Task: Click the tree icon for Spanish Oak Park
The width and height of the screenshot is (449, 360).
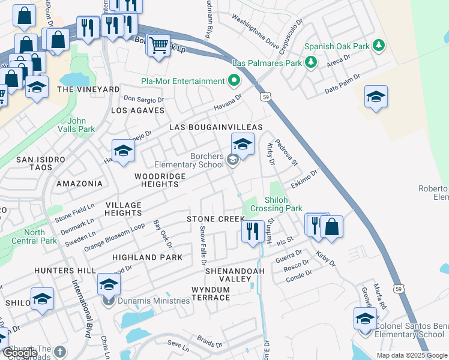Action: pos(378,46)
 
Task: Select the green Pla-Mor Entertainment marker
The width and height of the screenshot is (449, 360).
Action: pos(234,81)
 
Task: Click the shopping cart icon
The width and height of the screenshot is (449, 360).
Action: pos(158,45)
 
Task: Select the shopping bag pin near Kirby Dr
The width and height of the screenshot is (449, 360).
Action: pos(331,226)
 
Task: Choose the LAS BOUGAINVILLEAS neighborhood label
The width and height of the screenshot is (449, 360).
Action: pos(216,127)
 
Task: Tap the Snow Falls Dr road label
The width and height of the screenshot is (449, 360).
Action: pos(203,246)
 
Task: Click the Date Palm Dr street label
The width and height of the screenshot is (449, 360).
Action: pos(342,83)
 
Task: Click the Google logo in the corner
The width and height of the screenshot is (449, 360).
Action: pos(19,353)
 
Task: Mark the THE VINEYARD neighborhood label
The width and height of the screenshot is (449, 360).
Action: pos(88,89)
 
